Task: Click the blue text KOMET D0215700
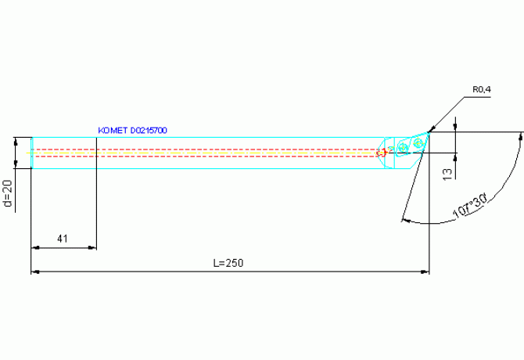(132, 131)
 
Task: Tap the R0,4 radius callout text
(482, 89)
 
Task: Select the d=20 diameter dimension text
(8, 193)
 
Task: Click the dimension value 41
(63, 239)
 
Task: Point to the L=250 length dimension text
(228, 263)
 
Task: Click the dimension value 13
(447, 175)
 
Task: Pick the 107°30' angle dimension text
(470, 207)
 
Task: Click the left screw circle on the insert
(404, 147)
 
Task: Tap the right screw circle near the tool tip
(418, 143)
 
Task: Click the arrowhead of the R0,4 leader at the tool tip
(432, 129)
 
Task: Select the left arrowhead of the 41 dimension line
(35, 247)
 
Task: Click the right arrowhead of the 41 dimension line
(92, 247)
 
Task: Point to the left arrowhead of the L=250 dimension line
(35, 272)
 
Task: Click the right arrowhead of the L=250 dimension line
(425, 272)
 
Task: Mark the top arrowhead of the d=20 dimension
(16, 142)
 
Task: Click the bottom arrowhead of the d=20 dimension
(16, 164)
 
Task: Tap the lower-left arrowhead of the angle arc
(406, 220)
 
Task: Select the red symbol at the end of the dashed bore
(382, 153)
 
